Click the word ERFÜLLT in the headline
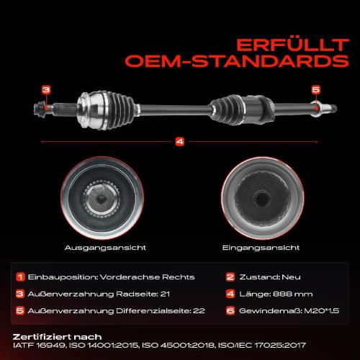[292, 45]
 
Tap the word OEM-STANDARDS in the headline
[237, 61]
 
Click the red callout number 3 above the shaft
[46, 90]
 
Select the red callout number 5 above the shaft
[316, 90]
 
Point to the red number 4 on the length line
[180, 142]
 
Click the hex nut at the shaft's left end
[40, 109]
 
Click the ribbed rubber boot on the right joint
[227, 110]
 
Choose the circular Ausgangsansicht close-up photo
[102, 198]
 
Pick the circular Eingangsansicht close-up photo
[263, 198]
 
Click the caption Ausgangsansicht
[105, 248]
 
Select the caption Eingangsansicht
[261, 248]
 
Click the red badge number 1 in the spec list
[20, 277]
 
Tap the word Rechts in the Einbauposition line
[179, 277]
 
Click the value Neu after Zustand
[291, 277]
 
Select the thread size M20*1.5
[322, 311]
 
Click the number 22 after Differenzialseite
[199, 311]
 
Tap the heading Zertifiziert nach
[57, 337]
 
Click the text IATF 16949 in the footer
[39, 346]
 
